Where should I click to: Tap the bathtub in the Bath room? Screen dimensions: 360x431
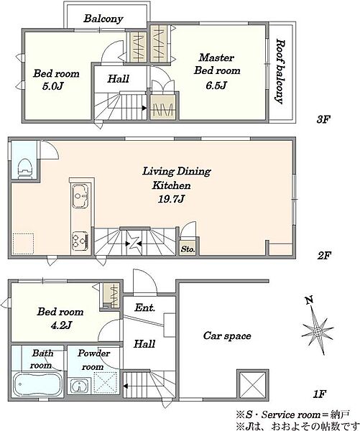pyautogui.click(x=37, y=384)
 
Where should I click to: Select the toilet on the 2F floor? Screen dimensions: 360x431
pyautogui.click(x=24, y=169)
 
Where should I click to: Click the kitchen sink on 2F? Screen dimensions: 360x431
pyautogui.click(x=80, y=196)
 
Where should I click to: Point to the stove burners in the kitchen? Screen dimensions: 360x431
pyautogui.click(x=80, y=241)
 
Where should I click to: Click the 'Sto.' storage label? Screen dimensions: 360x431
pyautogui.click(x=188, y=249)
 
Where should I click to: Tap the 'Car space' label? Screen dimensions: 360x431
pyautogui.click(x=227, y=335)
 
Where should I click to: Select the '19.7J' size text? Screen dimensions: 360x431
pyautogui.click(x=171, y=198)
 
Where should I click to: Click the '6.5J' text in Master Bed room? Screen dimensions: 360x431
pyautogui.click(x=216, y=85)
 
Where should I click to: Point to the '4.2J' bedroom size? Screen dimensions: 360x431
pyautogui.click(x=61, y=325)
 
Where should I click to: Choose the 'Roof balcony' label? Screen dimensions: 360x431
pyautogui.click(x=280, y=71)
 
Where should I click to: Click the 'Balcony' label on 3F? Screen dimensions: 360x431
pyautogui.click(x=103, y=19)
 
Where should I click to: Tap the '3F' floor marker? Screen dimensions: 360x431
pyautogui.click(x=323, y=119)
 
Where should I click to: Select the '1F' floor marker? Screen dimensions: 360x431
pyautogui.click(x=319, y=394)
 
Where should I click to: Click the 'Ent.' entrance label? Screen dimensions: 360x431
pyautogui.click(x=145, y=307)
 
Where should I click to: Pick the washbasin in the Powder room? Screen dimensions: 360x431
pyautogui.click(x=80, y=386)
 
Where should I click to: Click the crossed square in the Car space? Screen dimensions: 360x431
pyautogui.click(x=252, y=385)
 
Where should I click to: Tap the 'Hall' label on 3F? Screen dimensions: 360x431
pyautogui.click(x=119, y=79)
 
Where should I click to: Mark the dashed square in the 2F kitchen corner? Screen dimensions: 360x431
pyautogui.click(x=24, y=244)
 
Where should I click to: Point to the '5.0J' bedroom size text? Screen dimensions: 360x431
pyautogui.click(x=52, y=86)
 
